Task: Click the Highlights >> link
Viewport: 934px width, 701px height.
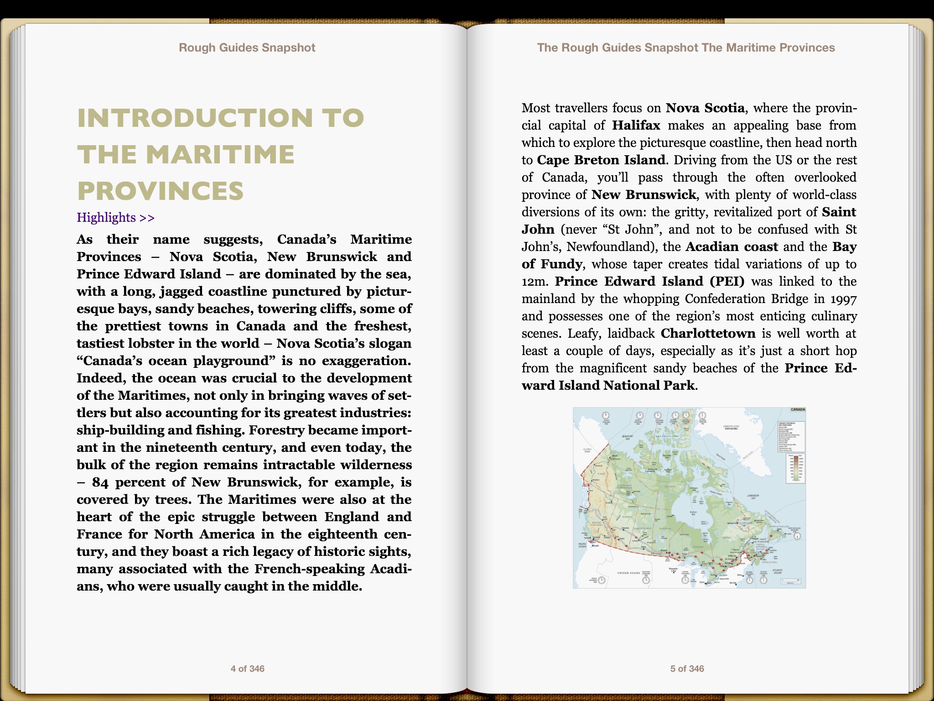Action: tap(115, 218)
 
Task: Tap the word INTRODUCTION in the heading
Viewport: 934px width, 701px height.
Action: tap(195, 118)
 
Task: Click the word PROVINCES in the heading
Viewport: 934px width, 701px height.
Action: tap(161, 191)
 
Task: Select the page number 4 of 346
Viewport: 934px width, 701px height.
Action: tap(247, 669)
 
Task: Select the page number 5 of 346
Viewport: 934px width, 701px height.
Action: tap(687, 669)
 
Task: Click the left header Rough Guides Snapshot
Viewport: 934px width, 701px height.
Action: tap(247, 48)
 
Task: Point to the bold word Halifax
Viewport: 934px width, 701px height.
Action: tap(636, 126)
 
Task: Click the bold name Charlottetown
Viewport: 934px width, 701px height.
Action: tap(708, 334)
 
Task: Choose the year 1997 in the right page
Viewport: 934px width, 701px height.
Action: tap(843, 299)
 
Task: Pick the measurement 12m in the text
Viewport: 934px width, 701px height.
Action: tap(534, 282)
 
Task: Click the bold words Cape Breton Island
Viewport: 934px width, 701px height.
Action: tap(601, 160)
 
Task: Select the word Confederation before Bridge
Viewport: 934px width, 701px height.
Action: tap(725, 299)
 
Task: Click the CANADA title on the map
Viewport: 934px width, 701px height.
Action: tap(798, 410)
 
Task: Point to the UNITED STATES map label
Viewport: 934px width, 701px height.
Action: tap(628, 573)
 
